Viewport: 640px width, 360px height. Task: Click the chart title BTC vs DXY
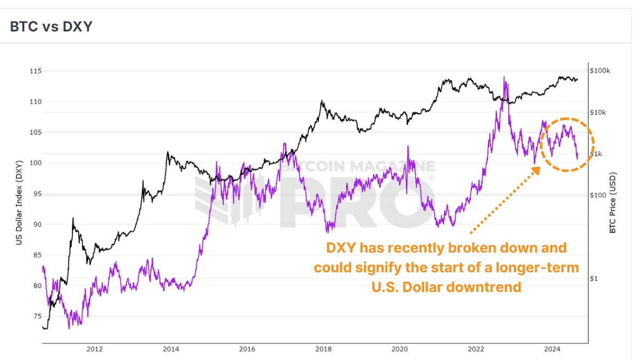(x=51, y=26)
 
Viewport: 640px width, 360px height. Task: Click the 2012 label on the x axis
(x=94, y=349)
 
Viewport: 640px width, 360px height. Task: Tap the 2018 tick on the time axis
(x=323, y=349)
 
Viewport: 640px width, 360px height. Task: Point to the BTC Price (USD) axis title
(x=613, y=202)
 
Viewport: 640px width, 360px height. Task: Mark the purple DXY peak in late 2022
(x=504, y=78)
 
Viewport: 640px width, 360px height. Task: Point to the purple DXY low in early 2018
(x=329, y=230)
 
